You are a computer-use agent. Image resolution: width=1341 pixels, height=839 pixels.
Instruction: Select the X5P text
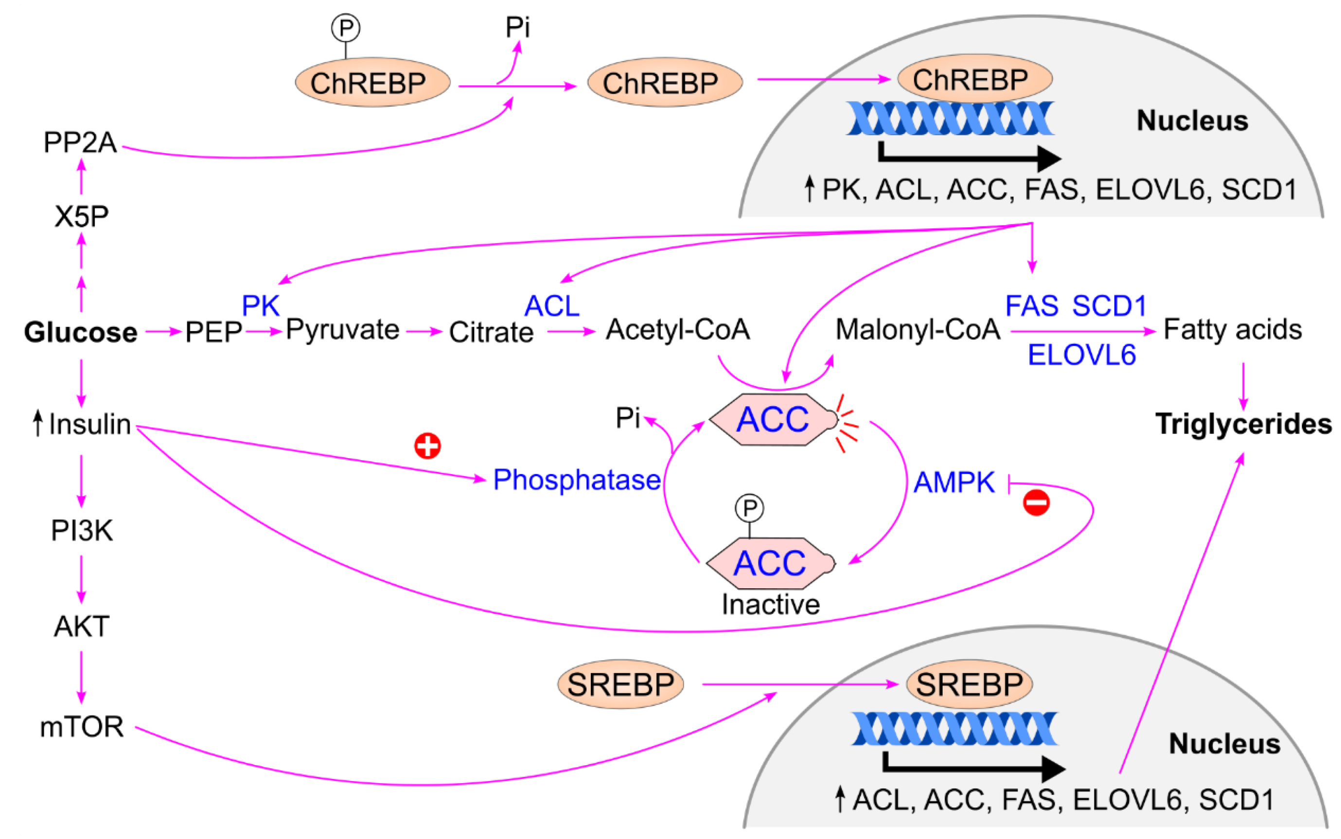(81, 216)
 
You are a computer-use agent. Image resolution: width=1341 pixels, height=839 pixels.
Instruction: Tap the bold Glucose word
(81, 332)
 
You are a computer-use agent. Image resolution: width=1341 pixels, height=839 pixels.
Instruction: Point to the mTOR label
(82, 726)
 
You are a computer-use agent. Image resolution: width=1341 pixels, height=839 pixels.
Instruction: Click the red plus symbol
(427, 445)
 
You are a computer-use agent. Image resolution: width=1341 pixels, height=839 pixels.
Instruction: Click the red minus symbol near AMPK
(1036, 503)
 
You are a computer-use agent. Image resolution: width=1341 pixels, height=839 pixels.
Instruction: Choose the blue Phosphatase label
(576, 479)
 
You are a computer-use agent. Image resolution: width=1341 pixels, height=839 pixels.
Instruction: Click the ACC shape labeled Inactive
(770, 563)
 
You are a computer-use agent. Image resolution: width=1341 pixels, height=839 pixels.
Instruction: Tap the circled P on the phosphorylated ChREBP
(345, 28)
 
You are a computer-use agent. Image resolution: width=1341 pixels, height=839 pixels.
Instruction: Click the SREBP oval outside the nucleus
(620, 684)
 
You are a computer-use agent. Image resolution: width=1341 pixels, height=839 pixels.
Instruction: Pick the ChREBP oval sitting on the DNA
(974, 79)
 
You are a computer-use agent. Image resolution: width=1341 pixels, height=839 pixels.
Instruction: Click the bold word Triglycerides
(1243, 424)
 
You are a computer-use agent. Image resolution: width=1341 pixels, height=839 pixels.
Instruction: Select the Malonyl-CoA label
(918, 329)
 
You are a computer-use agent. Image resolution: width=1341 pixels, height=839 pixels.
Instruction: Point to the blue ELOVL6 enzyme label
(1081, 355)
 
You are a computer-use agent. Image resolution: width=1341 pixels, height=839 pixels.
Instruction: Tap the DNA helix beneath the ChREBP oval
(950, 118)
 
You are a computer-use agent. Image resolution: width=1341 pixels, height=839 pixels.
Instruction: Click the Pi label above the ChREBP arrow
(517, 27)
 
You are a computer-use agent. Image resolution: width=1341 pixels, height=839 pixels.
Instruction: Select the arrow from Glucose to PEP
(163, 332)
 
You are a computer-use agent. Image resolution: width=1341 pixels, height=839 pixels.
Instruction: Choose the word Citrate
(491, 332)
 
